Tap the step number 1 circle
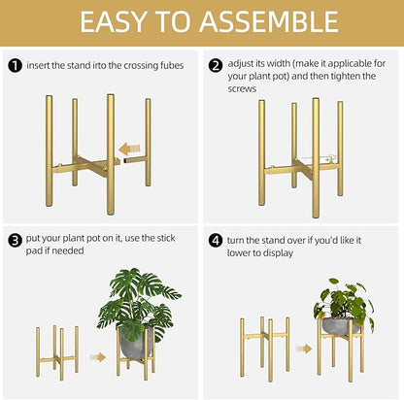pos(15,66)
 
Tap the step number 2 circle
pos(215,66)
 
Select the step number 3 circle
pos(15,239)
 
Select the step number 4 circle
pos(215,239)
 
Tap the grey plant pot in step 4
pos(340,326)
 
